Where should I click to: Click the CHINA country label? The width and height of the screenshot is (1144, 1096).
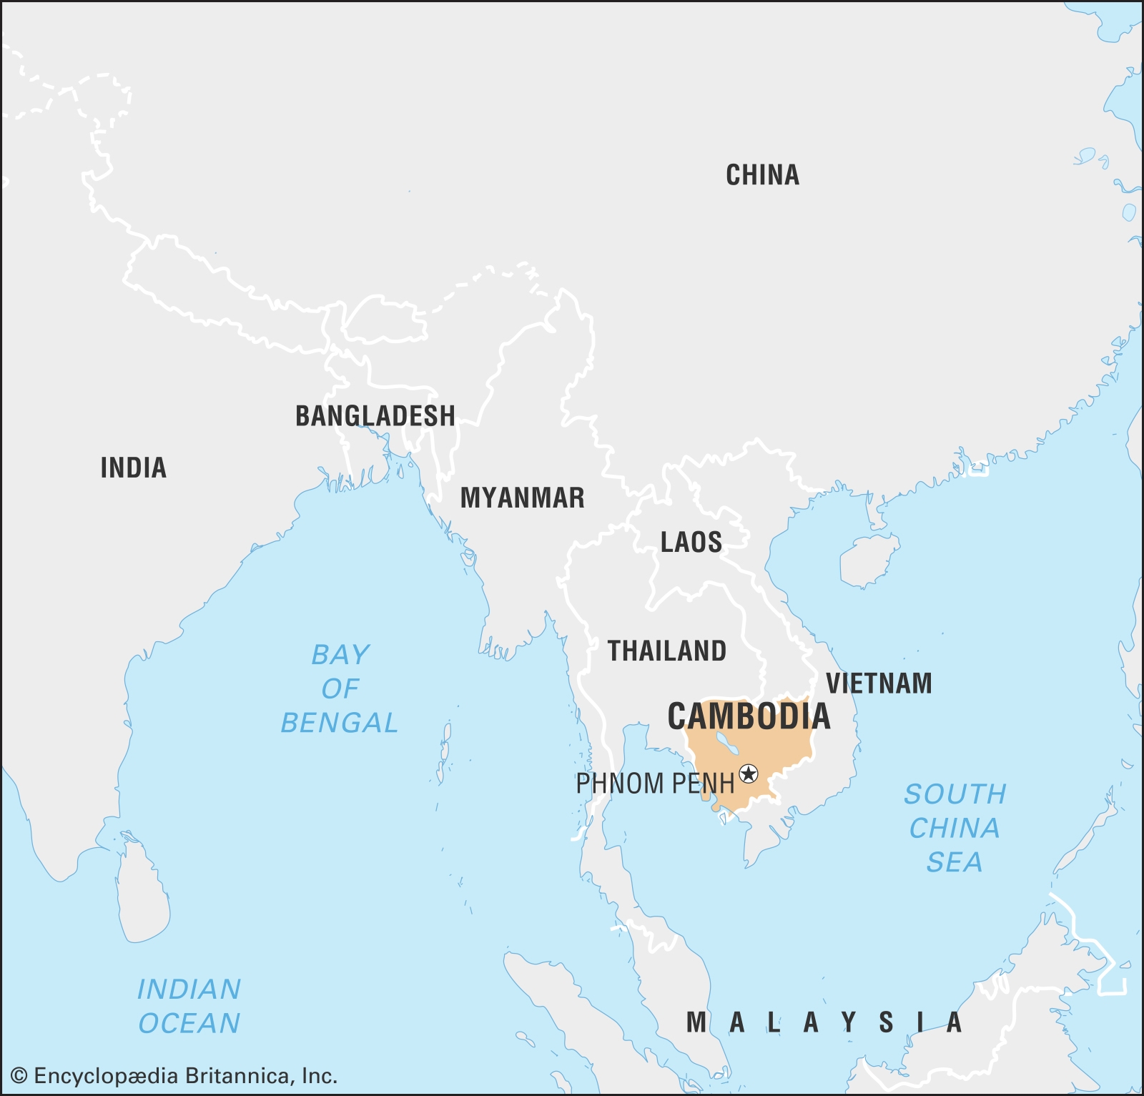click(x=762, y=175)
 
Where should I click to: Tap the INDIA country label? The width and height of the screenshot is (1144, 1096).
click(x=134, y=468)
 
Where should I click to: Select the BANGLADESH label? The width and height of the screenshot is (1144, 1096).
click(x=375, y=416)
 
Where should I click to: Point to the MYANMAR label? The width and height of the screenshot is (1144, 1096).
click(x=522, y=498)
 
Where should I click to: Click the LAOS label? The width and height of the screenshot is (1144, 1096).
click(x=691, y=543)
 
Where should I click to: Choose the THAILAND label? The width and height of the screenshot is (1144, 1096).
click(x=666, y=651)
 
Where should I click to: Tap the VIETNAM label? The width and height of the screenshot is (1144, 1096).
click(x=879, y=683)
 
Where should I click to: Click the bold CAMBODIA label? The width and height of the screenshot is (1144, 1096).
click(x=749, y=716)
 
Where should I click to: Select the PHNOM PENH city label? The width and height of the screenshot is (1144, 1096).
click(x=655, y=784)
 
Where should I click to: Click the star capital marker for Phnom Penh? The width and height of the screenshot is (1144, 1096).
click(x=749, y=774)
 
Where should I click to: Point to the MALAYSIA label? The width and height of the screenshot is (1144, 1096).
click(x=824, y=1023)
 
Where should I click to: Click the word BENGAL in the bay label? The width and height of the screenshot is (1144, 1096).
click(x=339, y=723)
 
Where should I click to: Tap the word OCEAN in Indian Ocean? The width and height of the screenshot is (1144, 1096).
click(x=189, y=1024)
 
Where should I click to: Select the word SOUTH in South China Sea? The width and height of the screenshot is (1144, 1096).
click(x=955, y=794)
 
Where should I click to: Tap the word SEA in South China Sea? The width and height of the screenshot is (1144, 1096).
click(x=955, y=862)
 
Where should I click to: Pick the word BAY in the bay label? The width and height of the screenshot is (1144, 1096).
click(x=340, y=655)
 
